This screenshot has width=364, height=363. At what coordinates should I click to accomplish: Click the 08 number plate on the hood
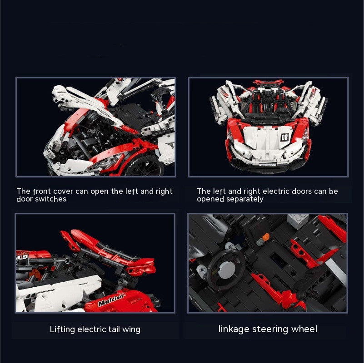point(284,137)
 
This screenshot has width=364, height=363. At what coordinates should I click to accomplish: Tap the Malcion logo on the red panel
point(111,300)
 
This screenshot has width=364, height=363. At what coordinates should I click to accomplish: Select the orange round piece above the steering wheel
point(266,237)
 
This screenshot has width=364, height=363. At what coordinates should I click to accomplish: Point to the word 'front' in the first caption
point(42,191)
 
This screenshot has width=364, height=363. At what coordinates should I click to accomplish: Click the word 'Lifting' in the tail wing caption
point(62,329)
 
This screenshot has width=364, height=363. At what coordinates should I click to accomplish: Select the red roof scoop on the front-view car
point(269,82)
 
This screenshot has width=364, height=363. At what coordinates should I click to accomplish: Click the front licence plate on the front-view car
point(267,165)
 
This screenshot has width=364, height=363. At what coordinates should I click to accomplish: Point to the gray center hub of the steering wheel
point(225,270)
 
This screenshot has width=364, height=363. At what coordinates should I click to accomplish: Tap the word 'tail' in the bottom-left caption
point(114,329)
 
